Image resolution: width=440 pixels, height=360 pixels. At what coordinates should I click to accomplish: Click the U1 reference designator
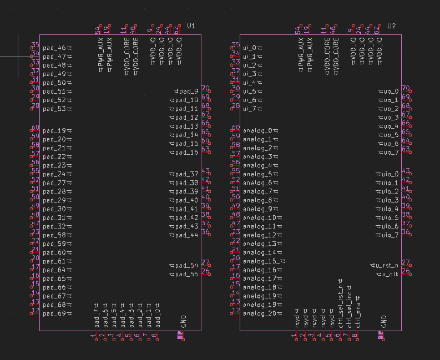point(191,26)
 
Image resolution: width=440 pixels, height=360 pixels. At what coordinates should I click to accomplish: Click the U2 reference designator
point(392,26)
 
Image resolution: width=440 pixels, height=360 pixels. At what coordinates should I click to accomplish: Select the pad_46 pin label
point(54,48)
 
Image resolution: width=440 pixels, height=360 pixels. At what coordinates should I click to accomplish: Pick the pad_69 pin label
point(54,313)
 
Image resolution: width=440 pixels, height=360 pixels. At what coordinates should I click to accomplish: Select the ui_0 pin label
point(250,48)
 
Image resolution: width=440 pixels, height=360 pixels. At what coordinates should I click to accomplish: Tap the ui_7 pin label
point(250,109)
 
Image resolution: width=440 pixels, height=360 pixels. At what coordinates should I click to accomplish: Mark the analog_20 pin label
point(260,313)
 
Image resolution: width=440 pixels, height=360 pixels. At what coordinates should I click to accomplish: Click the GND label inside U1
point(183,321)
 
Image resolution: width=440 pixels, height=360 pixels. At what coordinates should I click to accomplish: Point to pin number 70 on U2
point(406,88)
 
